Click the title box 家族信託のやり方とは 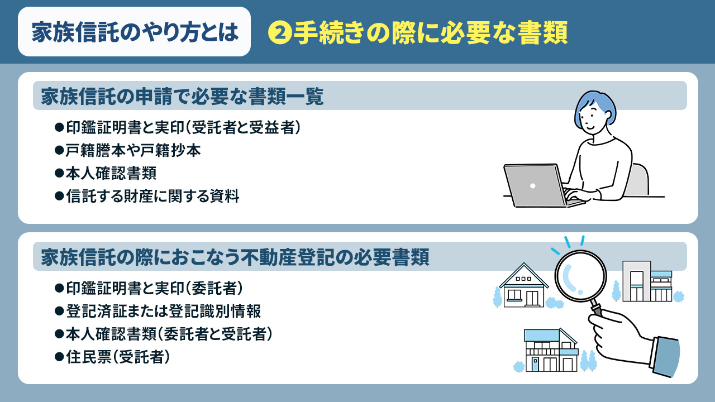(x=134, y=32)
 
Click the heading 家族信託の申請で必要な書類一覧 (x=182, y=97)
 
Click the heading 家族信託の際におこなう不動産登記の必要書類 (x=235, y=257)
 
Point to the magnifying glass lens (x=580, y=275)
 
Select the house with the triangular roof (x=523, y=286)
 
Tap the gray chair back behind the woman (x=640, y=180)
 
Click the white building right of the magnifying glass (x=646, y=281)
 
